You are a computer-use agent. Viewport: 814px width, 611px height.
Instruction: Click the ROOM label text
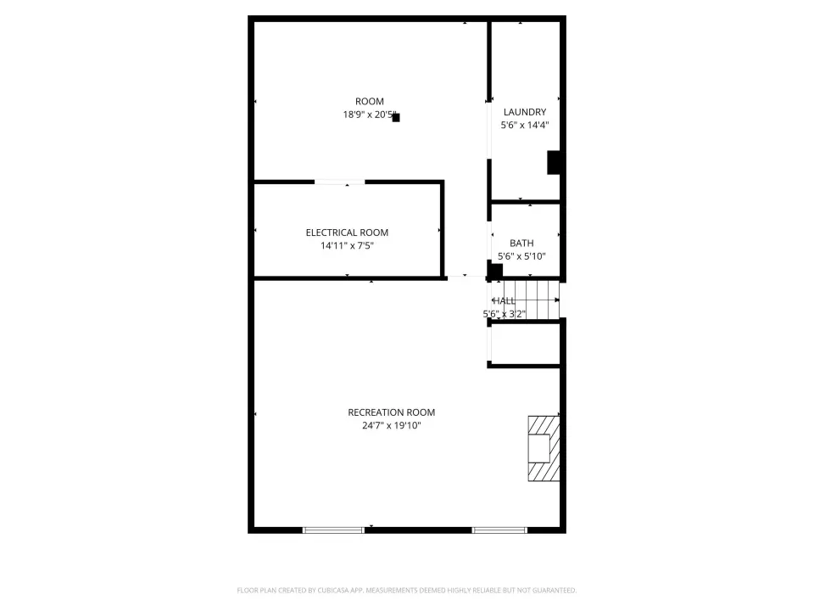(x=370, y=101)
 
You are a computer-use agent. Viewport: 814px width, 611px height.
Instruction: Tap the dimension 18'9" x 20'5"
(x=369, y=115)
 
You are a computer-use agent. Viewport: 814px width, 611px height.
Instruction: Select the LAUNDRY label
(x=525, y=112)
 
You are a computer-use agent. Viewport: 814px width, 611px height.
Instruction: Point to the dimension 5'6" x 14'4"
(x=525, y=125)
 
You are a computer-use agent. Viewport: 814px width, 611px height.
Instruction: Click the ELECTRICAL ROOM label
(x=347, y=233)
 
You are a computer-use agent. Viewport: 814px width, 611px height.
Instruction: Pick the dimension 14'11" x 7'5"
(x=347, y=245)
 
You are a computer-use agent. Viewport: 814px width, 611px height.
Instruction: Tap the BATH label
(x=521, y=243)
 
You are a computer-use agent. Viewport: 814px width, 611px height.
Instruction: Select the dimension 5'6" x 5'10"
(x=521, y=255)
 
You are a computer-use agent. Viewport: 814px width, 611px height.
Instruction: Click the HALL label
(x=504, y=300)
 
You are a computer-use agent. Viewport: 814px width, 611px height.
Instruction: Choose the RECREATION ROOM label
(x=392, y=412)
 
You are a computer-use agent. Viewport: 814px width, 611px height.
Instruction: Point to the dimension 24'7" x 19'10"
(x=392, y=425)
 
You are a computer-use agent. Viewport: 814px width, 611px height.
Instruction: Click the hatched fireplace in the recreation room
(x=544, y=448)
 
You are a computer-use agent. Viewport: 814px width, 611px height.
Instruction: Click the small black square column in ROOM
(x=396, y=117)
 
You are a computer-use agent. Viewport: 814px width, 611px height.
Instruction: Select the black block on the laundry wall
(x=554, y=163)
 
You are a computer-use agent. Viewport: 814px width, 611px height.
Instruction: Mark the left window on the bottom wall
(x=333, y=530)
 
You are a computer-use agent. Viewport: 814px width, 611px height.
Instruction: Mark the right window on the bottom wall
(x=499, y=530)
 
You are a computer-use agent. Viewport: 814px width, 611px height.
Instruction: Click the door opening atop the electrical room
(x=339, y=182)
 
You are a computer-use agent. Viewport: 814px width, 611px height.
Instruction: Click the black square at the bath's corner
(x=496, y=271)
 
